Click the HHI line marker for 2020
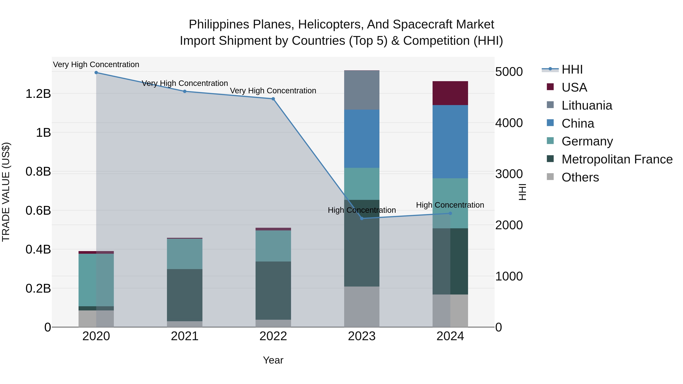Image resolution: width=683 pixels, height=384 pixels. click(x=96, y=73)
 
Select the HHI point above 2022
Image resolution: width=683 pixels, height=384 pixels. click(x=273, y=99)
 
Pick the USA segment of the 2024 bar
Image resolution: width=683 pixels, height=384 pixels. click(x=450, y=93)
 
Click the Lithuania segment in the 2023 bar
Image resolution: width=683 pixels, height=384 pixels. click(x=362, y=90)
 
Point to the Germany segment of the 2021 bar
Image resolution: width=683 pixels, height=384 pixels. click(x=185, y=254)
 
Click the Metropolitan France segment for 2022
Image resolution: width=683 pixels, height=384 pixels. click(x=273, y=291)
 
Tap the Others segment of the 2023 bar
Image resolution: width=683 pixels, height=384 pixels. click(x=362, y=307)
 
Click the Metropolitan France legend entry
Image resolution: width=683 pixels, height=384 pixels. click(x=617, y=159)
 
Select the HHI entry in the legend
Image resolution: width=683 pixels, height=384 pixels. click(x=572, y=69)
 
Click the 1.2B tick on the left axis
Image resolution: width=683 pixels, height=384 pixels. click(x=38, y=94)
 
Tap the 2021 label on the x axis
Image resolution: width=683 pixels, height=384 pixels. click(x=185, y=336)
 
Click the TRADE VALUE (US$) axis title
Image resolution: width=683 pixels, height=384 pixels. click(x=6, y=192)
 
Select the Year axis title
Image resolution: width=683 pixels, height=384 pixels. click(x=273, y=360)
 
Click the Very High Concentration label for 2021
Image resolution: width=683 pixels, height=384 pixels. click(x=185, y=83)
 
